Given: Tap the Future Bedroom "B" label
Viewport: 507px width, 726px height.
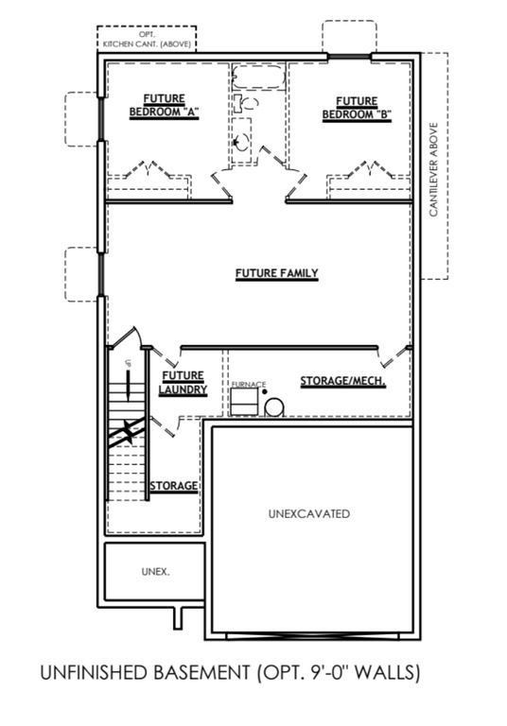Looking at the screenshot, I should click(357, 106).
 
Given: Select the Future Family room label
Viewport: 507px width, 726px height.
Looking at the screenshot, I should click(276, 274).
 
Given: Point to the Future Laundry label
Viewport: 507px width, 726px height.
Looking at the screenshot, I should click(177, 383).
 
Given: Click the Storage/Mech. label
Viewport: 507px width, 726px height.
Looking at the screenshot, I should click(342, 382).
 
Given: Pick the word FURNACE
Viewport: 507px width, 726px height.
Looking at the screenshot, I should click(249, 385).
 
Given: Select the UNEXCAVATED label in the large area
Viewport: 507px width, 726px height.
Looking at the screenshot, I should click(309, 514).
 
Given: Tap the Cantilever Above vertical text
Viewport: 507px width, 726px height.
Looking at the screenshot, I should click(433, 170).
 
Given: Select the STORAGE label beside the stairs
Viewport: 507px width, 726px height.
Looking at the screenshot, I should click(173, 486).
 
